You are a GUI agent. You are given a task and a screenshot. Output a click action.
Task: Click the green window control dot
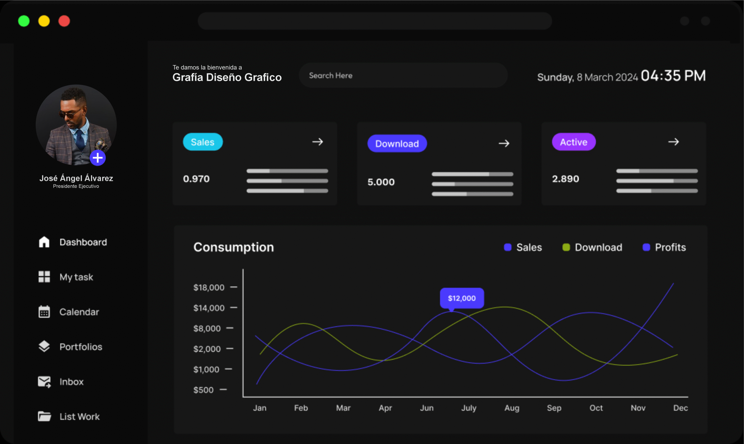(x=24, y=21)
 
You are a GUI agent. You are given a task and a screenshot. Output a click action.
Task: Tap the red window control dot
(x=64, y=21)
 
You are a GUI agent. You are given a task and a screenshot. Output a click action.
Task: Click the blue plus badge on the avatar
(x=98, y=158)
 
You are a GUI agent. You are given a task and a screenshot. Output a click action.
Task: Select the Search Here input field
(x=403, y=75)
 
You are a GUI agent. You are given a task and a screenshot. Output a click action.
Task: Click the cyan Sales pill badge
(x=203, y=142)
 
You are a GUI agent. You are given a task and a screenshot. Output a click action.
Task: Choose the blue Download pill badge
(x=397, y=144)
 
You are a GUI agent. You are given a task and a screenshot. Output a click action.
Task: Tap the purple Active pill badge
(x=574, y=142)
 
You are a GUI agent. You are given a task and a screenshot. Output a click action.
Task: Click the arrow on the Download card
(x=504, y=144)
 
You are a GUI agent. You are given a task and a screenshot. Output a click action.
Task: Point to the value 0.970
(x=196, y=179)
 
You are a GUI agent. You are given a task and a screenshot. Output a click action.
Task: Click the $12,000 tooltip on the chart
(x=462, y=298)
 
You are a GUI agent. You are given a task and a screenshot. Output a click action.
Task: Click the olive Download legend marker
(x=566, y=248)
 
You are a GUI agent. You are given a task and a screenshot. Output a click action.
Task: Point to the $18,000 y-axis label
(x=209, y=288)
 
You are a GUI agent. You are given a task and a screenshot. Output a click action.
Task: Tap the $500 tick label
(x=203, y=390)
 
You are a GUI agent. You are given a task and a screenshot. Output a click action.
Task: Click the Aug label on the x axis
(x=512, y=408)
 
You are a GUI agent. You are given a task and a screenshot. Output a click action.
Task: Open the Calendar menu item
(x=79, y=312)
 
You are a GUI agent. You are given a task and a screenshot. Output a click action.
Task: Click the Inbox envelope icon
(x=44, y=382)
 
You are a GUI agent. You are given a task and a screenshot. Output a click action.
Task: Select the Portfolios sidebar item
(x=81, y=347)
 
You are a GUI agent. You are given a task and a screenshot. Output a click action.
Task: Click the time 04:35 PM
(x=673, y=76)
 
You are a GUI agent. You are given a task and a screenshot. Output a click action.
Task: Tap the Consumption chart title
(x=234, y=248)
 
